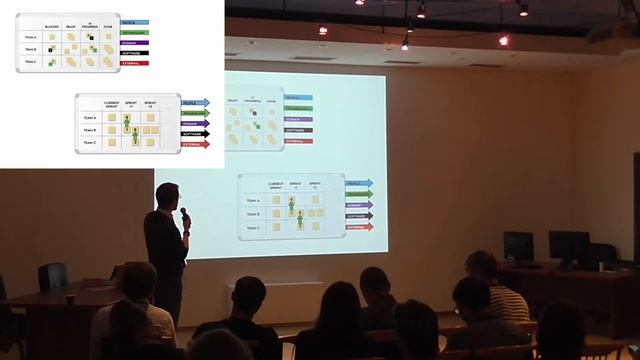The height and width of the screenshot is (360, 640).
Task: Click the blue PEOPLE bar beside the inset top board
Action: click(134, 20)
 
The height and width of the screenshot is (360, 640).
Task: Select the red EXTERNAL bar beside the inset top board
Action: click(134, 63)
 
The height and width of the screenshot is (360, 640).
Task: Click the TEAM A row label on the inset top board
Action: click(31, 36)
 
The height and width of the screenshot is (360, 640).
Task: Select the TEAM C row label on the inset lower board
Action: click(90, 142)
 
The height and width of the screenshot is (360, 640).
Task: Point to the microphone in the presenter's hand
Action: click(183, 213)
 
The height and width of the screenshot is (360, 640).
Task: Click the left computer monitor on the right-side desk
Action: click(518, 245)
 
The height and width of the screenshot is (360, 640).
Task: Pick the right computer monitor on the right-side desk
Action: click(568, 246)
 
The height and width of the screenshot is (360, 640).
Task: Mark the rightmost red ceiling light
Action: click(503, 41)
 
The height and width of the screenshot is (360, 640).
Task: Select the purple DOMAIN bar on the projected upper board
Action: click(298, 119)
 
